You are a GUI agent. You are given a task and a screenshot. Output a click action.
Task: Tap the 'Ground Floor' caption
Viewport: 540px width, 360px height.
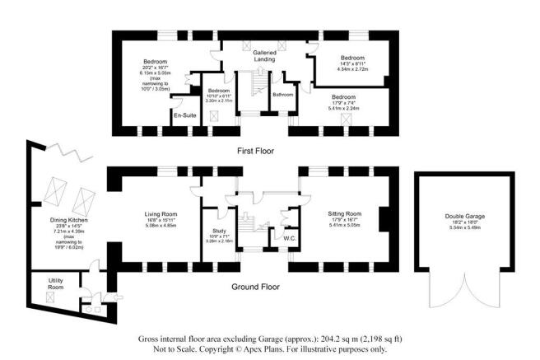click(256, 288)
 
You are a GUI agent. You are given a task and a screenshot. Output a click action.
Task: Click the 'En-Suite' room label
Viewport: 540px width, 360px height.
click(182, 116)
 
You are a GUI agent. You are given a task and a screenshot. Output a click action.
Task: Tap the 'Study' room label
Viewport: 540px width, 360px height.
click(219, 231)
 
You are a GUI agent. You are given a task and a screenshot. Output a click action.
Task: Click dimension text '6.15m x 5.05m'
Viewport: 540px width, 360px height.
click(156, 72)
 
